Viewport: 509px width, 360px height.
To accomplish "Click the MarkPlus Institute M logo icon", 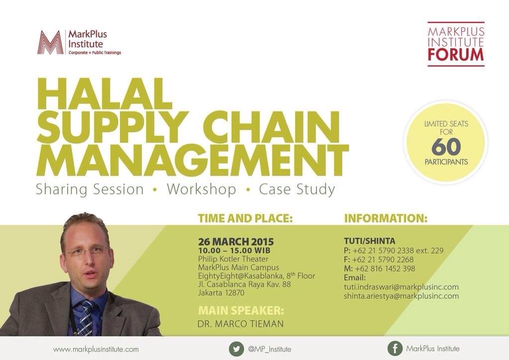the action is [x=51, y=42].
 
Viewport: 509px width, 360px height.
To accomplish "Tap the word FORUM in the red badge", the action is [x=456, y=55].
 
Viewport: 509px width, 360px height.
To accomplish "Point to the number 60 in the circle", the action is [x=446, y=146].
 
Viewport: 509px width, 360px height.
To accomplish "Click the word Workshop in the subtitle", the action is [x=202, y=189].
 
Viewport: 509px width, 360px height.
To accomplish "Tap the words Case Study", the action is [x=297, y=189].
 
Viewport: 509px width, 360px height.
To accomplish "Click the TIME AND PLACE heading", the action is [x=245, y=218].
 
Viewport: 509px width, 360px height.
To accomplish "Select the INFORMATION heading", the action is [x=386, y=218].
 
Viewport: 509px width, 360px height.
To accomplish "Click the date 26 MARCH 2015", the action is [x=236, y=241].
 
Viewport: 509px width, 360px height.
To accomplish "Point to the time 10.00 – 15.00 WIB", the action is [x=234, y=250].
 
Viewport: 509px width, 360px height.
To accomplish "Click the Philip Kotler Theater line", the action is [x=233, y=259].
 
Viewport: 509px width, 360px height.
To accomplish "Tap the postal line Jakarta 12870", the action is [x=221, y=293].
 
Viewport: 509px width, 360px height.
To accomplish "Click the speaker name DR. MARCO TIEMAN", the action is [x=240, y=324].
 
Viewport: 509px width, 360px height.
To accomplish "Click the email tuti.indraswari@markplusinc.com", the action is [x=401, y=287].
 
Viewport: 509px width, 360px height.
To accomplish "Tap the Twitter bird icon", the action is [x=236, y=349].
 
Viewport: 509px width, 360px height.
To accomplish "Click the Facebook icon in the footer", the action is [x=395, y=349].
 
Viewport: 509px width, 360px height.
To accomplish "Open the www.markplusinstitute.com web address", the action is [x=96, y=350].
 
